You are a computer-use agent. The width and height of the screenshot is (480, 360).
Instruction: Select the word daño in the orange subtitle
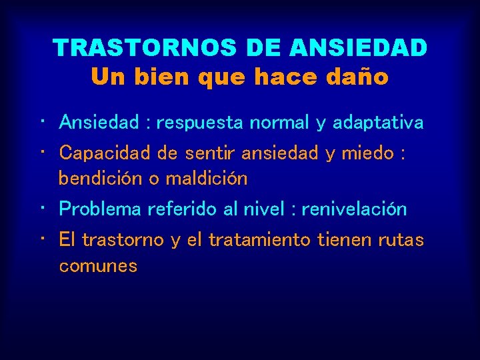(359, 77)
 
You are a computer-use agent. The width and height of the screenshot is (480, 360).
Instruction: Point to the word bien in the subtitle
(161, 77)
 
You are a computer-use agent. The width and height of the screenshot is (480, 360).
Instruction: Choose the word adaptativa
(377, 123)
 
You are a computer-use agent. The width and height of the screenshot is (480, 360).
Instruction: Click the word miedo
(368, 153)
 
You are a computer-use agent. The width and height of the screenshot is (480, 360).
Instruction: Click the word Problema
(101, 209)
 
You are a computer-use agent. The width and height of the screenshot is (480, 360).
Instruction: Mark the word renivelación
(354, 209)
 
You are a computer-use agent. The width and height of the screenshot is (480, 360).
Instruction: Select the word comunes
(98, 266)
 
